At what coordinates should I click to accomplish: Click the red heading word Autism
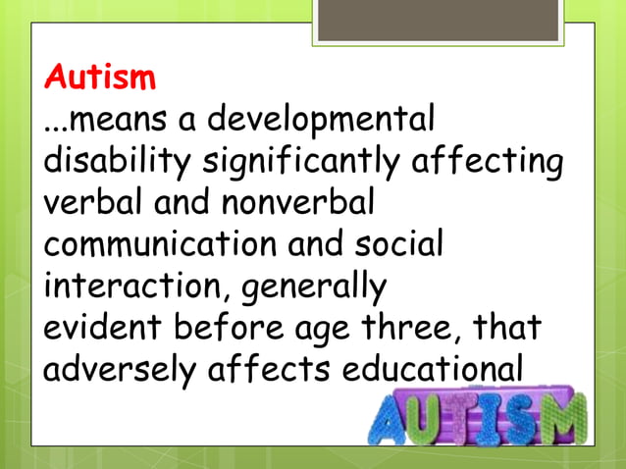pyautogui.click(x=101, y=76)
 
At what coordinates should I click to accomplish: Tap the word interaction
pyautogui.click(x=131, y=286)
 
